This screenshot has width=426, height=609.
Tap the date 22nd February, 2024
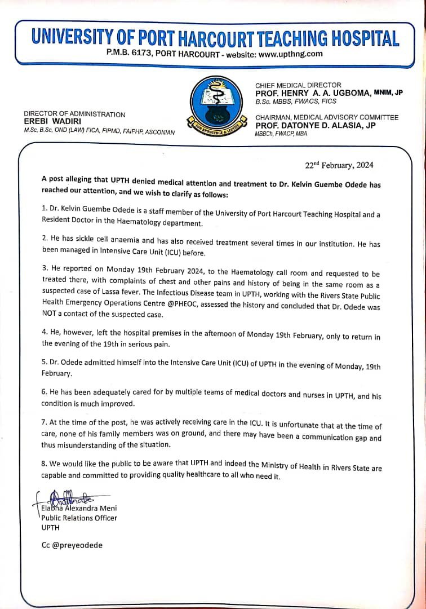tap(339, 166)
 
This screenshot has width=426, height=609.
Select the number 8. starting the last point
tap(45, 465)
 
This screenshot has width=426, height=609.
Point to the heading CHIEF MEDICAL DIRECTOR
tap(298, 85)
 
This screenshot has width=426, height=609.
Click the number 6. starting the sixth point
tap(45, 391)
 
